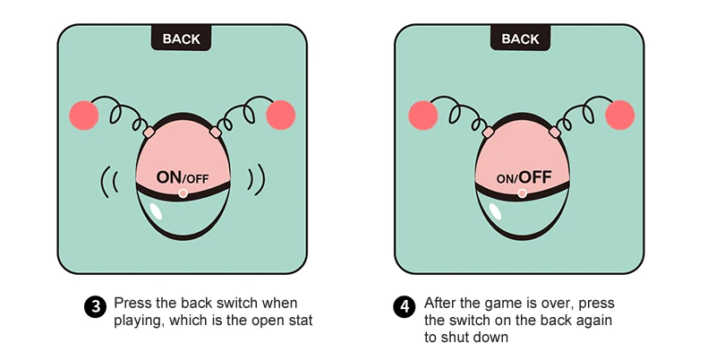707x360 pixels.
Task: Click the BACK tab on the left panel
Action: tap(181, 39)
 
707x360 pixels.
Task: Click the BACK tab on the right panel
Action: tap(520, 39)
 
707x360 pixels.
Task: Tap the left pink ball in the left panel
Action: tap(84, 115)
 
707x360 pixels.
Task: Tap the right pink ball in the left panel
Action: tap(280, 115)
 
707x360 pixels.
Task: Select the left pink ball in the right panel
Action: tap(422, 115)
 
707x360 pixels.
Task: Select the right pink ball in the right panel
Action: tap(619, 115)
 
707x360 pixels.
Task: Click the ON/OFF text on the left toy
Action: tap(183, 177)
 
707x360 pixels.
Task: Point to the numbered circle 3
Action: tap(94, 307)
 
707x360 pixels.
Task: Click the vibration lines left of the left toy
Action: tap(110, 179)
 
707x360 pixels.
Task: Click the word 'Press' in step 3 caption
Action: tap(132, 303)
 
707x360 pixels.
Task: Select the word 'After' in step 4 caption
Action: tap(441, 303)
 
